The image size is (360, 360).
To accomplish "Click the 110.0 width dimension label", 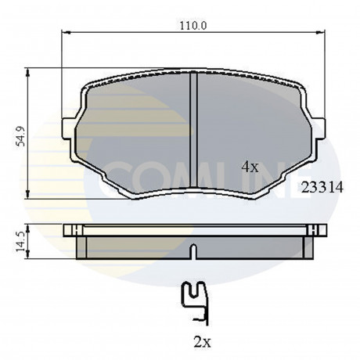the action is (193, 26).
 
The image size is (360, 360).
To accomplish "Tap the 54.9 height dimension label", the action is (20, 136).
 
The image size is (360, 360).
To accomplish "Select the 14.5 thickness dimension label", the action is (20, 242).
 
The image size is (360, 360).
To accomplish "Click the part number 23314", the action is (322, 187).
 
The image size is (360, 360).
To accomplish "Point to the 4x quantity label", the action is (250, 167).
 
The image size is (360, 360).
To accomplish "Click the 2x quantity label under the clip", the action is (202, 342).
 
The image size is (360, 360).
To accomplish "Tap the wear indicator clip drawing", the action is (196, 304).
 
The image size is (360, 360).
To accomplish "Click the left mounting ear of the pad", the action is (68, 128).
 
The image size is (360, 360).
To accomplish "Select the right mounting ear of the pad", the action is (319, 128).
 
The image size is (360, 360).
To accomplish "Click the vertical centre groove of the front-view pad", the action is (193, 130).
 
